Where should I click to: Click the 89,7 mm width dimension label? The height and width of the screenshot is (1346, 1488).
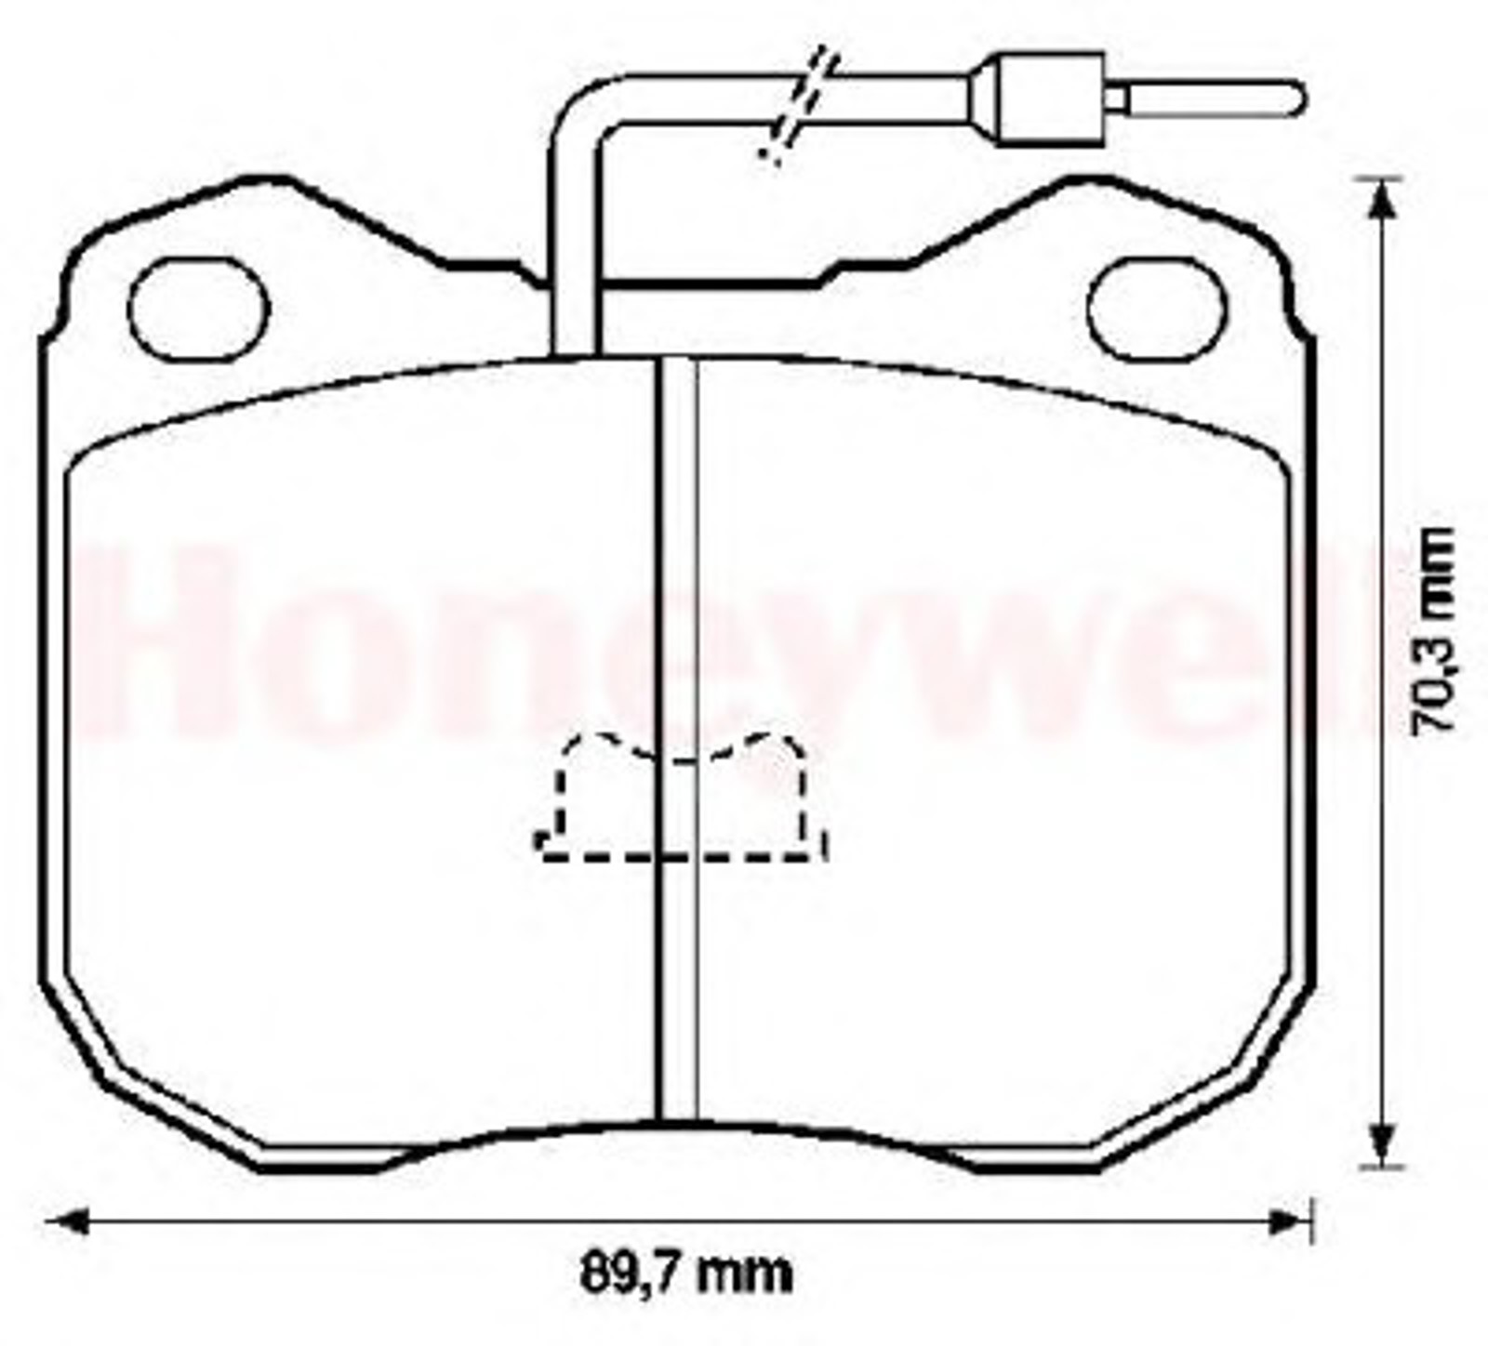[x=686, y=1273]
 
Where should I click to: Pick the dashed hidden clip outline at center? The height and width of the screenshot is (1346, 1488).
[x=682, y=797]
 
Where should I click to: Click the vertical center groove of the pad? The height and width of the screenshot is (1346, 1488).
[x=678, y=739]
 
